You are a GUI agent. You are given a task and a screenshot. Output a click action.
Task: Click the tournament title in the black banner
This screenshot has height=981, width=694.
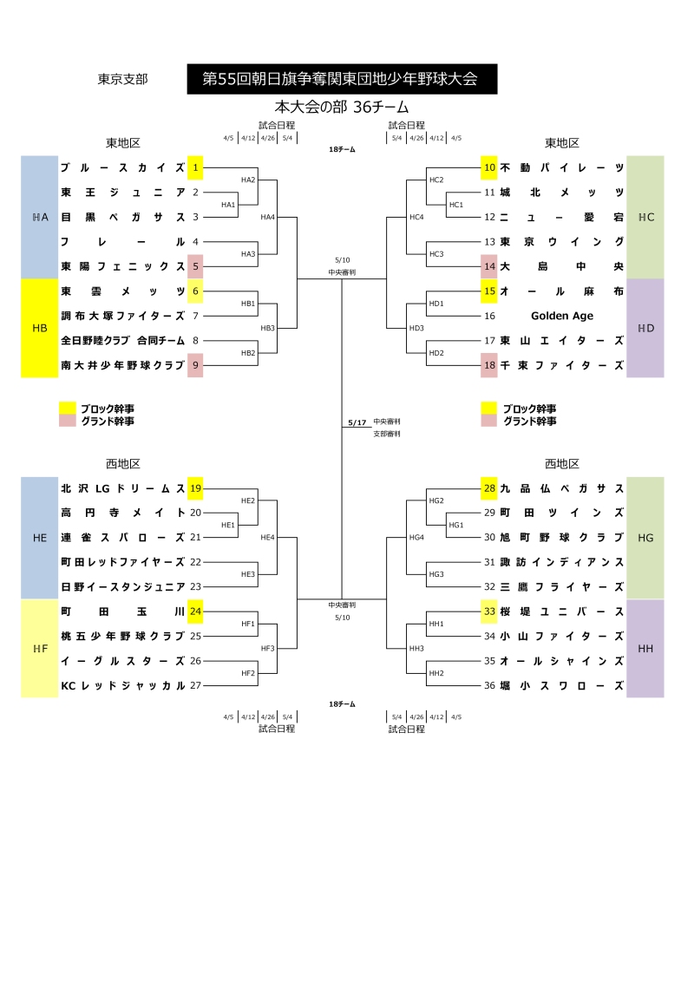pos(340,79)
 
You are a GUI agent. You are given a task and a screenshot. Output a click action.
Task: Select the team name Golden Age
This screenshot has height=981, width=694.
pos(562,316)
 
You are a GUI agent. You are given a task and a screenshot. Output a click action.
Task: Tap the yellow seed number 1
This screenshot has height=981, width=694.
pos(195,167)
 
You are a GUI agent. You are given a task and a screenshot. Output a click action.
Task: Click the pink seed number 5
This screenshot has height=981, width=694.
pos(195,266)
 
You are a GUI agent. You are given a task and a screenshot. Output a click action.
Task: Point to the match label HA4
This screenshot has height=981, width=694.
pos(267,217)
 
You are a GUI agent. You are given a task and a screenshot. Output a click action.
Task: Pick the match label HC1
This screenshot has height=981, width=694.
pos(455,205)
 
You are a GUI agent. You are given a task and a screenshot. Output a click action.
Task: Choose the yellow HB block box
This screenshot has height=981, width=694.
pos(39,328)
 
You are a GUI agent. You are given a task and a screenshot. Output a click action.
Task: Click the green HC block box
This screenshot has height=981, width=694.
pos(645,217)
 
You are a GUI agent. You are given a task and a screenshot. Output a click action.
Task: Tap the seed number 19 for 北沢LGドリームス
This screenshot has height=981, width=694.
pos(195,488)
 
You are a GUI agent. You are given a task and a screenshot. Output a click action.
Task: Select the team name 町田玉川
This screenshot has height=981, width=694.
pos(122,611)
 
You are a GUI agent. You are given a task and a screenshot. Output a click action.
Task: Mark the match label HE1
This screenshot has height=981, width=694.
pos(228,526)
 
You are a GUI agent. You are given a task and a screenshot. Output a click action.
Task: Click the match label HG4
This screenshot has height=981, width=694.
pos(416,538)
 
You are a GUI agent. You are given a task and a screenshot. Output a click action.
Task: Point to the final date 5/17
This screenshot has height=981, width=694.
pos(357,422)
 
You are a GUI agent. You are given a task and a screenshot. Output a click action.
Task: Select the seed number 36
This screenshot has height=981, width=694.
pos(489,685)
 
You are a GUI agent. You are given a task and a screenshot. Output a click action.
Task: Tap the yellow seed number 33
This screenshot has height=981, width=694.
pos(489,611)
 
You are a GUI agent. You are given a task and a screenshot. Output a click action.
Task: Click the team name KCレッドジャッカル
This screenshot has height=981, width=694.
pos(122,685)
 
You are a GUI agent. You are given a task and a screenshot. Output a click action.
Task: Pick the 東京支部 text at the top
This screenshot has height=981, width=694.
pos(122,79)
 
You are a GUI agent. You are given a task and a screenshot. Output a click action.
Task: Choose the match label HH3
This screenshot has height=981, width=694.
pos(416,649)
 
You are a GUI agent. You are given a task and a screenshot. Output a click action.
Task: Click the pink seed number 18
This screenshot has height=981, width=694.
pos(489,365)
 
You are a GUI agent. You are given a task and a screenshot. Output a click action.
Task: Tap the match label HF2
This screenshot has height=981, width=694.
pos(248,673)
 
